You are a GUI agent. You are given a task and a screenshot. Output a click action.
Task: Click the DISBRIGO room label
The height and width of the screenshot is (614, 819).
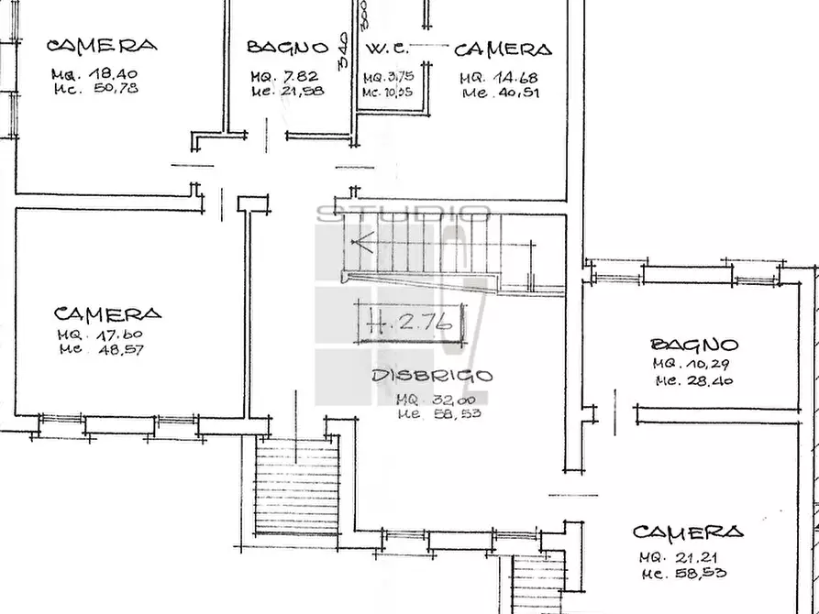click(432, 376)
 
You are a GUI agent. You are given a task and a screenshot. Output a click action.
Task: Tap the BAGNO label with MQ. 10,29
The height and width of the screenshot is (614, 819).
click(694, 345)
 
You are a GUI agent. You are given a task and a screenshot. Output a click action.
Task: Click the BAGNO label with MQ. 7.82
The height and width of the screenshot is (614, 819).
click(287, 48)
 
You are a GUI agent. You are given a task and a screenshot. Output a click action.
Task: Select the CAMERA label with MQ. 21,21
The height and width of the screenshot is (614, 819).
click(688, 532)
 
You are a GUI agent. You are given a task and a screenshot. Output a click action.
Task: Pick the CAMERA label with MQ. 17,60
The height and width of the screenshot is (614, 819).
click(107, 313)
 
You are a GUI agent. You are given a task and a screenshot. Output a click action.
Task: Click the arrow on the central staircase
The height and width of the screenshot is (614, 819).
click(364, 244)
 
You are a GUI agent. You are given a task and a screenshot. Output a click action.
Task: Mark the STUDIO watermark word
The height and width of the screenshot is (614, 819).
click(403, 214)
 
